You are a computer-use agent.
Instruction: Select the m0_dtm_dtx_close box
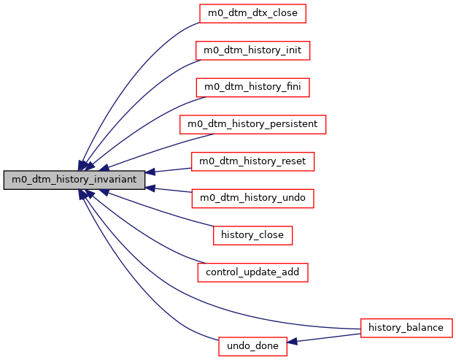(252, 12)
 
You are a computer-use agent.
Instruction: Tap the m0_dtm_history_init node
(252, 50)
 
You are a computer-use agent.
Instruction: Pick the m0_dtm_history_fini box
(252, 87)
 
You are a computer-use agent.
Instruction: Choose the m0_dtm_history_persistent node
(252, 124)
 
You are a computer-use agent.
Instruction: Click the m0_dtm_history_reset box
(252, 161)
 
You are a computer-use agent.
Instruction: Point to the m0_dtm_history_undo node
(252, 198)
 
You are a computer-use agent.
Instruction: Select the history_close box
(252, 235)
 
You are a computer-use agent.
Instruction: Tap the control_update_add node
(252, 272)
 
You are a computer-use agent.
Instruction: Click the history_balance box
(406, 327)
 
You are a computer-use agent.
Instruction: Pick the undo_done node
(252, 346)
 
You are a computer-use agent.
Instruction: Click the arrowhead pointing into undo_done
(292, 342)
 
